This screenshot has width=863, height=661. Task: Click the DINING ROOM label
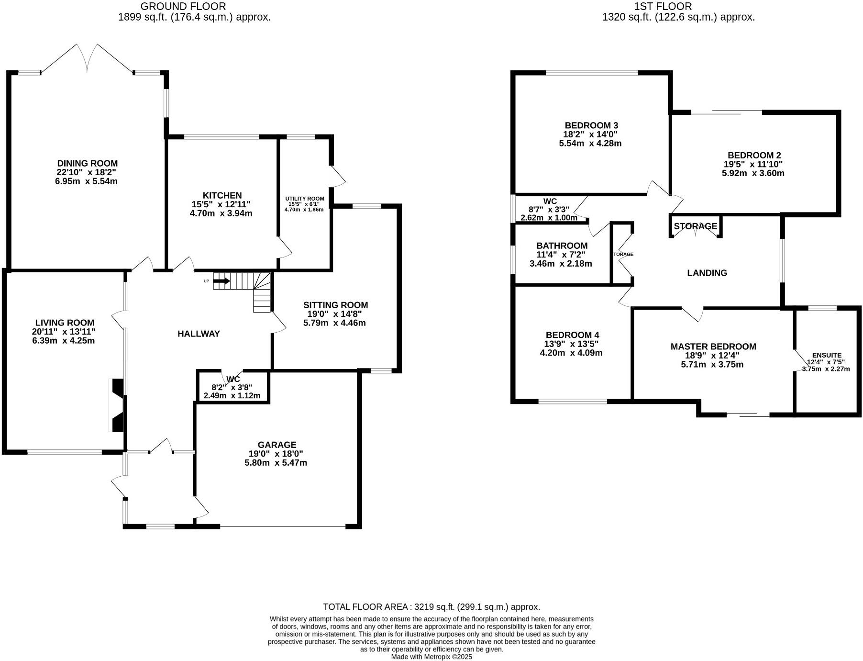[x=87, y=164]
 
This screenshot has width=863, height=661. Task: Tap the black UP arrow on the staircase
[x=221, y=281]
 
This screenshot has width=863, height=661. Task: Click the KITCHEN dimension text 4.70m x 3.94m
[x=221, y=213]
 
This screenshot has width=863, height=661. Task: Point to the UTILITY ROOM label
[x=304, y=199]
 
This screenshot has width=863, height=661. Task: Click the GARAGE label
[x=277, y=445]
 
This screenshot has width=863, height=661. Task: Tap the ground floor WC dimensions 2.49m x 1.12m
[x=232, y=396]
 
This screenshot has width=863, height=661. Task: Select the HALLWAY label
[x=199, y=334]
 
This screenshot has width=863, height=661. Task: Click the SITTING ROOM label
[x=335, y=305]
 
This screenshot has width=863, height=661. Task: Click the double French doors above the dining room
[x=88, y=58]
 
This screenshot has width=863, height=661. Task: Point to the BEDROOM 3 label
[x=591, y=125]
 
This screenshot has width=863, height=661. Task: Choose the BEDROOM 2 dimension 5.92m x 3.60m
[x=753, y=173]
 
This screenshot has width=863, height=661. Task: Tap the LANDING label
[x=707, y=273]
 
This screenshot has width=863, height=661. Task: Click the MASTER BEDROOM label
[x=713, y=347]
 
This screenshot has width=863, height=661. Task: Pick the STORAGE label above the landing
[x=695, y=226]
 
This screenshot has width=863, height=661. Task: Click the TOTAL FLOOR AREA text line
[x=431, y=607]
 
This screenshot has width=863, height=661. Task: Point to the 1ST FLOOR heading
[x=663, y=6]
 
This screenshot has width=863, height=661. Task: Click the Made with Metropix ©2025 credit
[x=431, y=657]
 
